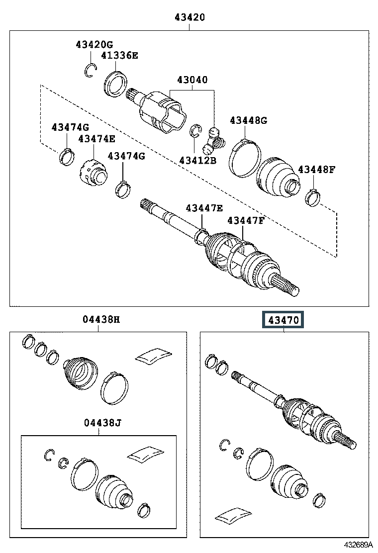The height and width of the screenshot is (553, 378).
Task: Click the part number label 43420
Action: (x=189, y=17)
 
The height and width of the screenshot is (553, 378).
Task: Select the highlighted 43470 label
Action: (x=283, y=320)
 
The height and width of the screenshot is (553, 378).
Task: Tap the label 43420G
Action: (x=94, y=44)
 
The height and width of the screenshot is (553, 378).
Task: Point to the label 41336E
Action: (x=119, y=55)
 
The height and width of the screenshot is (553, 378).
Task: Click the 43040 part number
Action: (x=192, y=80)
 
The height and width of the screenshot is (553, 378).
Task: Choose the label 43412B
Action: (x=198, y=161)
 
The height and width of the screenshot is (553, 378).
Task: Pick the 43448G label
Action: (x=249, y=121)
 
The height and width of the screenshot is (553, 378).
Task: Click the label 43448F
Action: (x=317, y=170)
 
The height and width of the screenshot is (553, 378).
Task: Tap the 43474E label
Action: (x=96, y=139)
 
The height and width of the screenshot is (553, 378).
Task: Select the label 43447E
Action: (x=204, y=208)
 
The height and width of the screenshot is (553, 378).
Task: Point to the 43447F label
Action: (x=246, y=221)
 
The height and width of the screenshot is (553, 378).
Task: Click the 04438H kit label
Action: (x=101, y=320)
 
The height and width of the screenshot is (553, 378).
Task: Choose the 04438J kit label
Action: (x=102, y=423)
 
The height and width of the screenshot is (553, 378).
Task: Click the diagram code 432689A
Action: (x=358, y=545)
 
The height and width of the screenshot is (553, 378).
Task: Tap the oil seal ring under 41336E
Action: (x=116, y=84)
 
